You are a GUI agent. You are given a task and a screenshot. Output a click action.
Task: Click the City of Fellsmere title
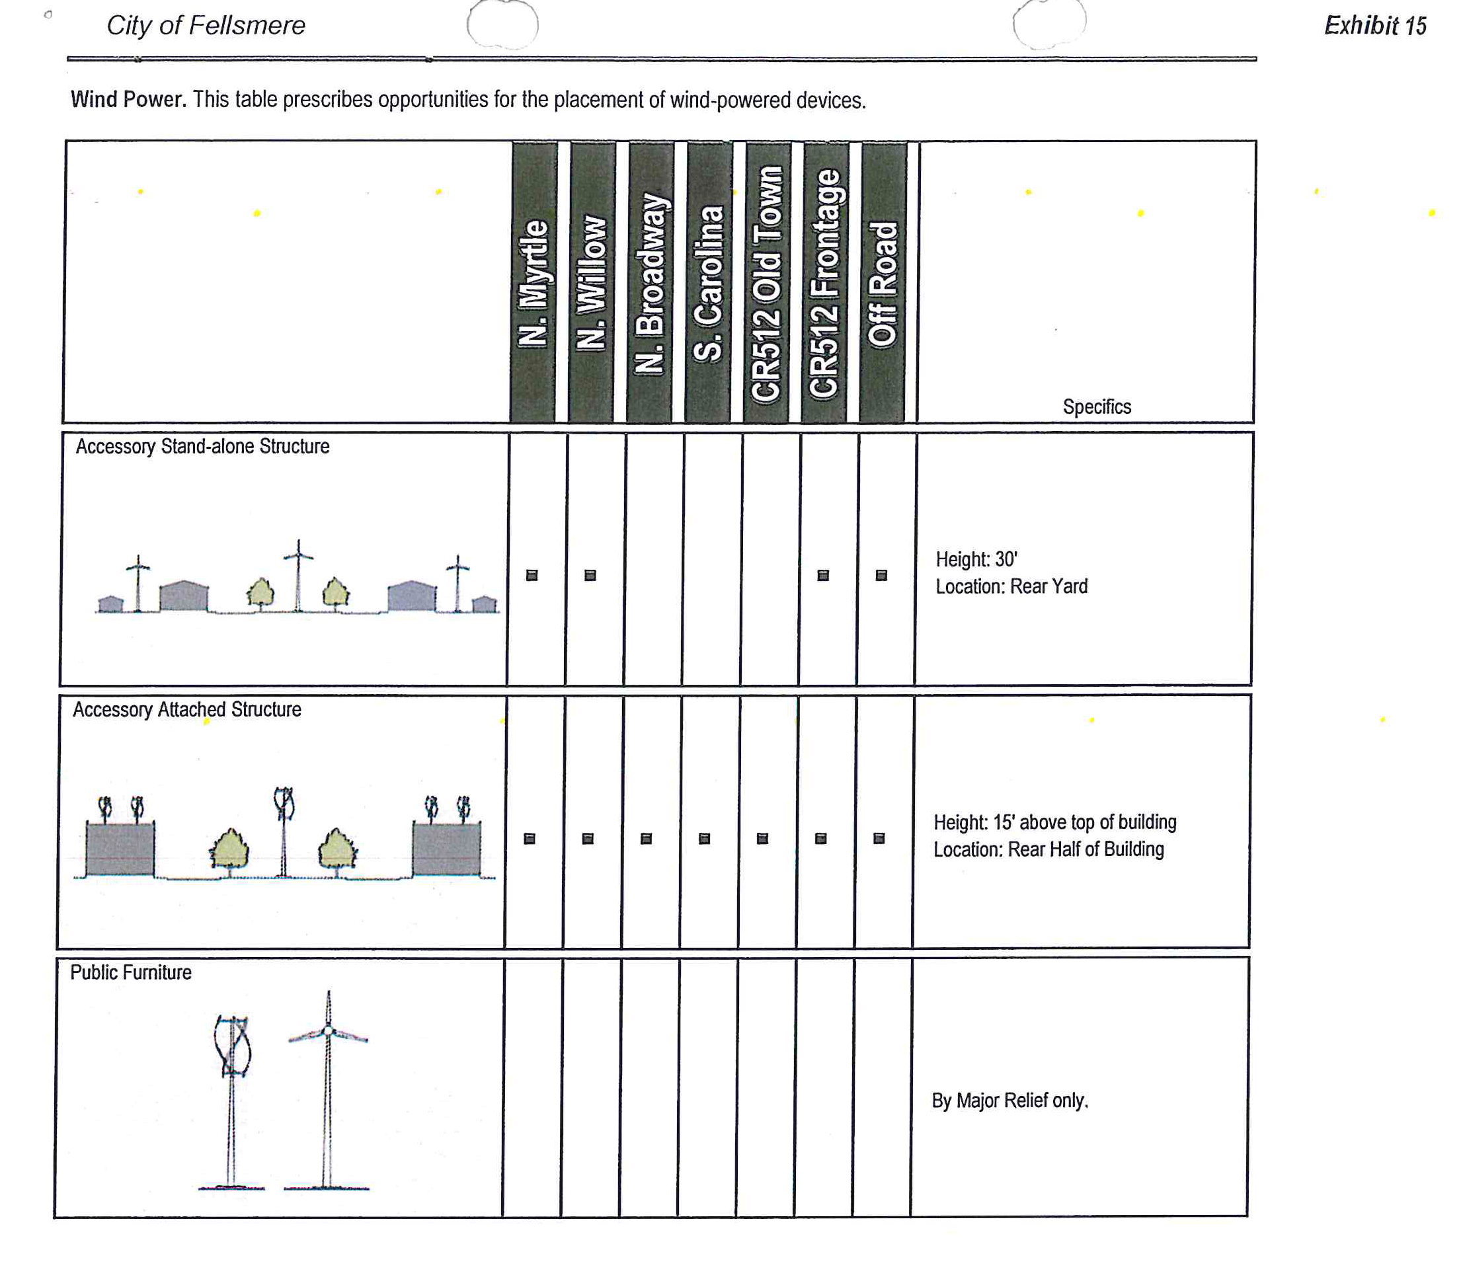(205, 26)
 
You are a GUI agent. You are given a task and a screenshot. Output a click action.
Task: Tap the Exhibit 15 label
(1374, 26)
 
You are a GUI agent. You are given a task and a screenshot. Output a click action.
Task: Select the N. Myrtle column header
(534, 283)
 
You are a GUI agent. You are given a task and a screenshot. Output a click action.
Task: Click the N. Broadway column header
(650, 283)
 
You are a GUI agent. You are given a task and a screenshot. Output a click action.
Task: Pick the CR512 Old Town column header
(766, 283)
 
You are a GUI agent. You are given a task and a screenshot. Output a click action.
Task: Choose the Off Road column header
(883, 283)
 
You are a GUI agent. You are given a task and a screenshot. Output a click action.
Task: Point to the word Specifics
(1096, 407)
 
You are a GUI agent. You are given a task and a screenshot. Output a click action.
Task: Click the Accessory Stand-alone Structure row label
(202, 447)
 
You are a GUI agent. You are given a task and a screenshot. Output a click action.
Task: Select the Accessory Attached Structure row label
(186, 710)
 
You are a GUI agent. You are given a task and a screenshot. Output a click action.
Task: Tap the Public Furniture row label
(131, 973)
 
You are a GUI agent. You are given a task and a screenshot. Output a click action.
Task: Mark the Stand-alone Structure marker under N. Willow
(590, 576)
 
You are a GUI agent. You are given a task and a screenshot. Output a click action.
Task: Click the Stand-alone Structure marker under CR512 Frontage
(823, 576)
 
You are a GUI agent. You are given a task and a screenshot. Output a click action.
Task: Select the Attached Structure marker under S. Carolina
(704, 839)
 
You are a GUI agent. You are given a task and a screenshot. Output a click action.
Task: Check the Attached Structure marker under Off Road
(879, 839)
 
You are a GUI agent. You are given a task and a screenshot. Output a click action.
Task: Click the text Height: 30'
(976, 560)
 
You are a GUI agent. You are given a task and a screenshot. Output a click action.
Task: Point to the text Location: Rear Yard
(1011, 587)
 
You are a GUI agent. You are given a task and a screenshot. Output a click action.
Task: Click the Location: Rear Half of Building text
(1048, 850)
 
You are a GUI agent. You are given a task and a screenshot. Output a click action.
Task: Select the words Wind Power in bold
(128, 99)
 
